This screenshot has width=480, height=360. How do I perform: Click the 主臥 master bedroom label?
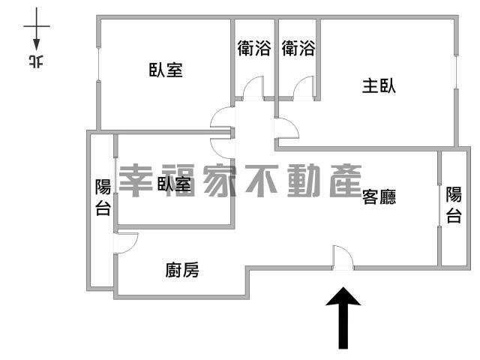click(x=379, y=85)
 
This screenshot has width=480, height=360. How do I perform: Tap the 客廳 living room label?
click(x=379, y=196)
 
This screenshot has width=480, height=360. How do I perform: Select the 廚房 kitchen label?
click(x=182, y=270)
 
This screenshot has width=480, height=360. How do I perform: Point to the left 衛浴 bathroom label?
click(x=254, y=48)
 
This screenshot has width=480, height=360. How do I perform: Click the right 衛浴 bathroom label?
click(x=298, y=48)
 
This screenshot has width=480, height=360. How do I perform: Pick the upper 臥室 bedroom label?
click(x=166, y=70)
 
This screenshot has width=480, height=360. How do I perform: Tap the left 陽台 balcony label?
click(x=103, y=197)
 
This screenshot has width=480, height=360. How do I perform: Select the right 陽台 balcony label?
click(x=454, y=205)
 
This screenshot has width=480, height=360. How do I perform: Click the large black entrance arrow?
click(x=343, y=318)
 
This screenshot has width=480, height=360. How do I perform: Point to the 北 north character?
click(x=36, y=61)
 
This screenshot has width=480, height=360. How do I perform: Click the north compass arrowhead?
click(x=37, y=45)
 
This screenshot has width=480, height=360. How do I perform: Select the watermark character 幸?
click(x=135, y=181)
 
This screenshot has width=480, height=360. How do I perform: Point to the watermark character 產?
click(x=345, y=181)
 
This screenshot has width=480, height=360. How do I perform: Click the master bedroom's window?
click(x=456, y=72)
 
